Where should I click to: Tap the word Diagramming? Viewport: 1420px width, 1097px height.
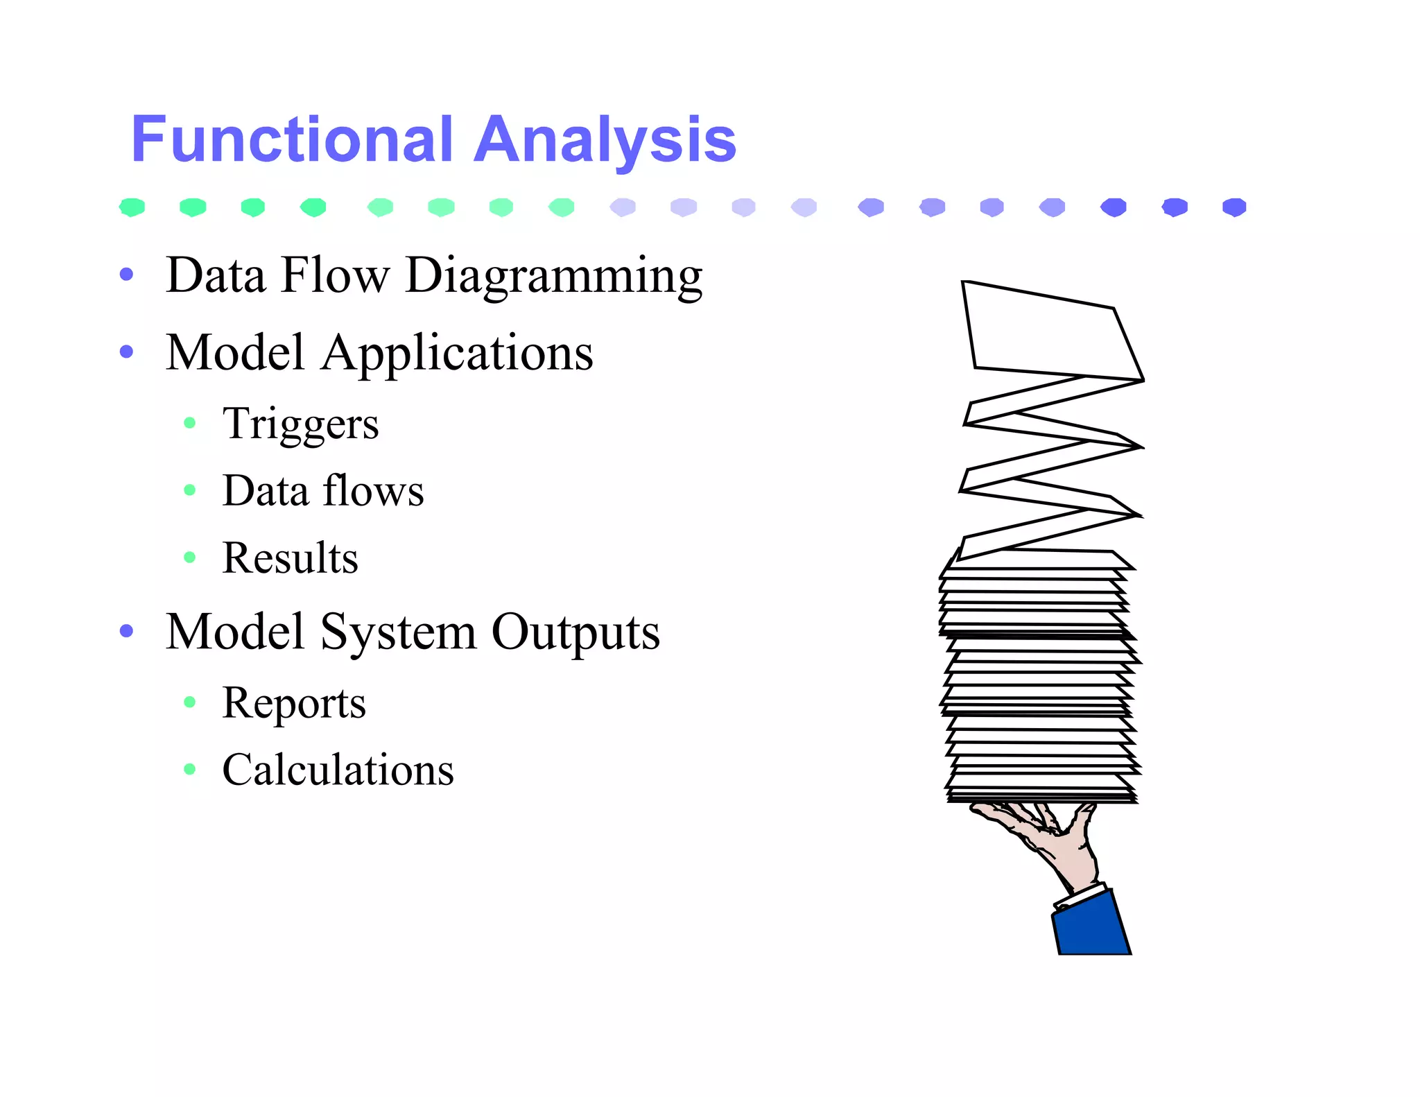pyautogui.click(x=553, y=276)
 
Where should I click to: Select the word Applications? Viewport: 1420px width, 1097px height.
pyautogui.click(x=457, y=352)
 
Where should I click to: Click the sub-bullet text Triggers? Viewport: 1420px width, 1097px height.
pyautogui.click(x=300, y=423)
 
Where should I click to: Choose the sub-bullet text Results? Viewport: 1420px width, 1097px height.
pyautogui.click(x=290, y=558)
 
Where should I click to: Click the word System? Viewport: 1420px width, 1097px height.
pyautogui.click(x=398, y=632)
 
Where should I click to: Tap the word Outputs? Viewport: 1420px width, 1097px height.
pyautogui.click(x=575, y=632)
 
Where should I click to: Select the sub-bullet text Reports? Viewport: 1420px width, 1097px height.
pyautogui.click(x=293, y=702)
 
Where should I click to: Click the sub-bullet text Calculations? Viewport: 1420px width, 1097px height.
pyautogui.click(x=338, y=770)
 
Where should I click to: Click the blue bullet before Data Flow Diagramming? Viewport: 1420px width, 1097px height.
pyautogui.click(x=126, y=275)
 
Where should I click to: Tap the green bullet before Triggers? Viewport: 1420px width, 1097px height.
pyautogui.click(x=190, y=423)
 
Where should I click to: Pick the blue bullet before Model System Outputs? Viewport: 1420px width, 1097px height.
pyautogui.click(x=126, y=631)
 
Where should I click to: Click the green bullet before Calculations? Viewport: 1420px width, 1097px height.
pyautogui.click(x=190, y=769)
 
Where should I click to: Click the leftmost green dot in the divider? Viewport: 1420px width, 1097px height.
pyautogui.click(x=132, y=207)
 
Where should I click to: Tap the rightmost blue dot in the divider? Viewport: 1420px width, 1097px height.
pyautogui.click(x=1234, y=207)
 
